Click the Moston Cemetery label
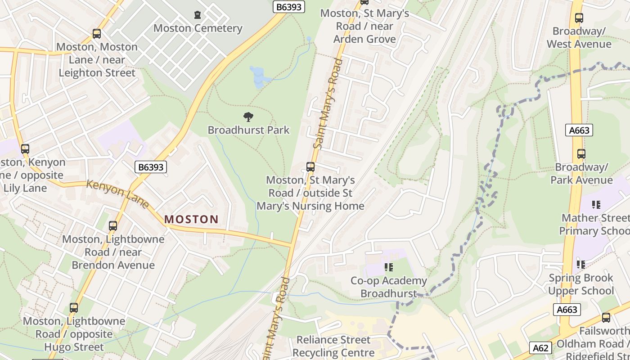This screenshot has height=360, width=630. coord(198,28)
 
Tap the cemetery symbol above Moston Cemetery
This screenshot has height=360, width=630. coord(198,15)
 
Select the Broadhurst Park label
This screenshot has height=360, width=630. coord(248,130)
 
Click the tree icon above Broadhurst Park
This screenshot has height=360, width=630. coord(248,117)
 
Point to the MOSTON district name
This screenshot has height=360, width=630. coord(191,220)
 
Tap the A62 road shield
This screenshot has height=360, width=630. coord(540,348)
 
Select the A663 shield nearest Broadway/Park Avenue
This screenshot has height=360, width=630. coord(579,130)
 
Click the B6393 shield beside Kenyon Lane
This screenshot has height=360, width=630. coord(151,167)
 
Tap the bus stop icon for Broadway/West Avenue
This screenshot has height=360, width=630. coord(579,18)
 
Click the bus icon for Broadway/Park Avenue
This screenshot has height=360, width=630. coord(581,154)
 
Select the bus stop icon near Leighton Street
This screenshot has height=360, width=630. coord(97,34)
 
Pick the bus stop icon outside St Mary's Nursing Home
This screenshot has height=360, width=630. coord(310,167)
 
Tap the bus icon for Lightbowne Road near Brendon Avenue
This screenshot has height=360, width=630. coord(113,226)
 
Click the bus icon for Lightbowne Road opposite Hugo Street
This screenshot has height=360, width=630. coord(74,308)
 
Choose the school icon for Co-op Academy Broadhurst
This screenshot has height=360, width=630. coord(389,268)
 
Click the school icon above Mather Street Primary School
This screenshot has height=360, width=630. coord(596,205)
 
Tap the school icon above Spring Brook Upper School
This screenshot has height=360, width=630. coord(581,265)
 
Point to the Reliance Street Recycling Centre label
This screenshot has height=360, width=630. coord(333,346)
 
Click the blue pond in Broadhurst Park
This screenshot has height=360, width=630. coord(258,76)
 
